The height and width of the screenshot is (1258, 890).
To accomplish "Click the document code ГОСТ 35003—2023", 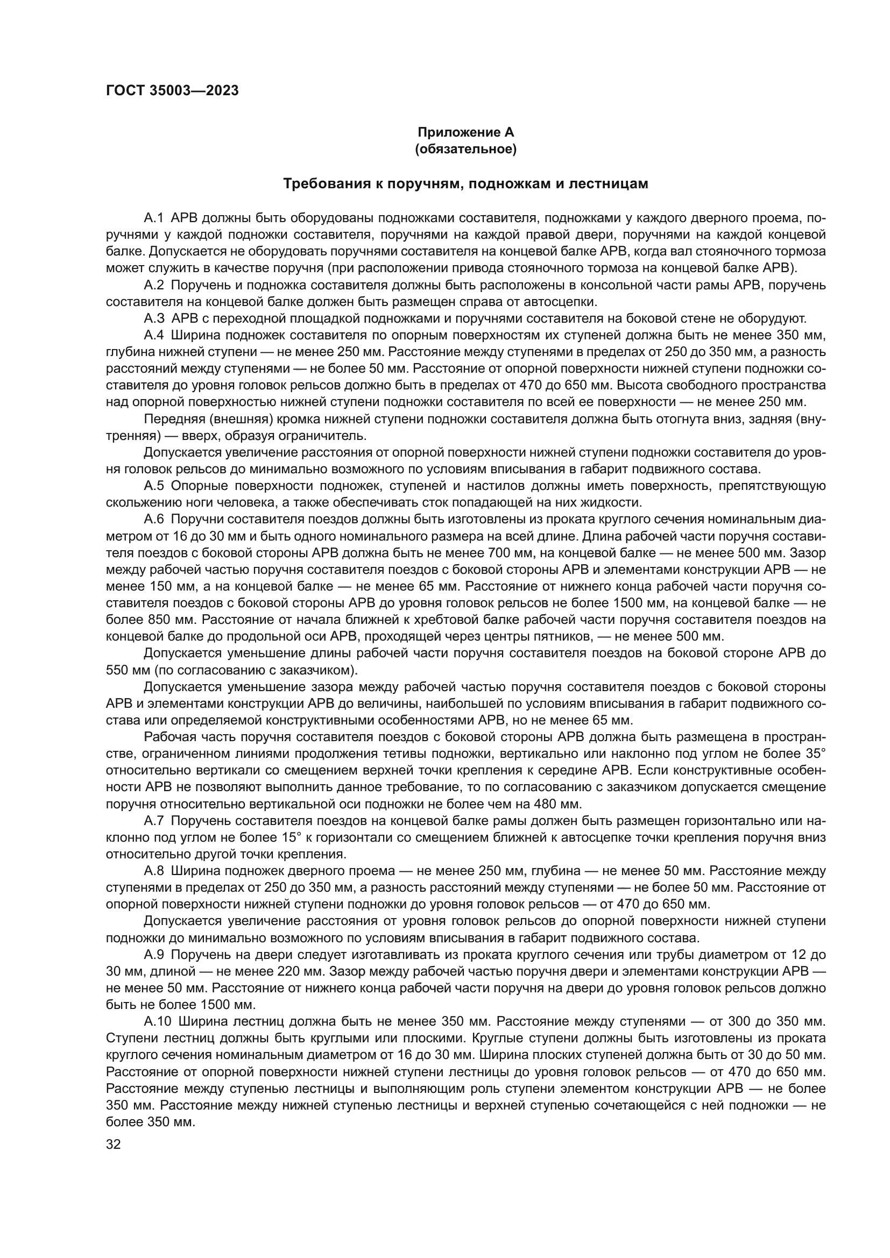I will click(x=172, y=91).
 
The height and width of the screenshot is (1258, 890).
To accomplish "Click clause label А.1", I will click(x=154, y=218).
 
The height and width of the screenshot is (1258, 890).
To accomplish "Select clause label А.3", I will click(x=154, y=318).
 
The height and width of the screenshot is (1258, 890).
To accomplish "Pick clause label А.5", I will click(x=154, y=486).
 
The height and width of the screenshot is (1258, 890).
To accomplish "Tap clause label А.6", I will click(x=154, y=519).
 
